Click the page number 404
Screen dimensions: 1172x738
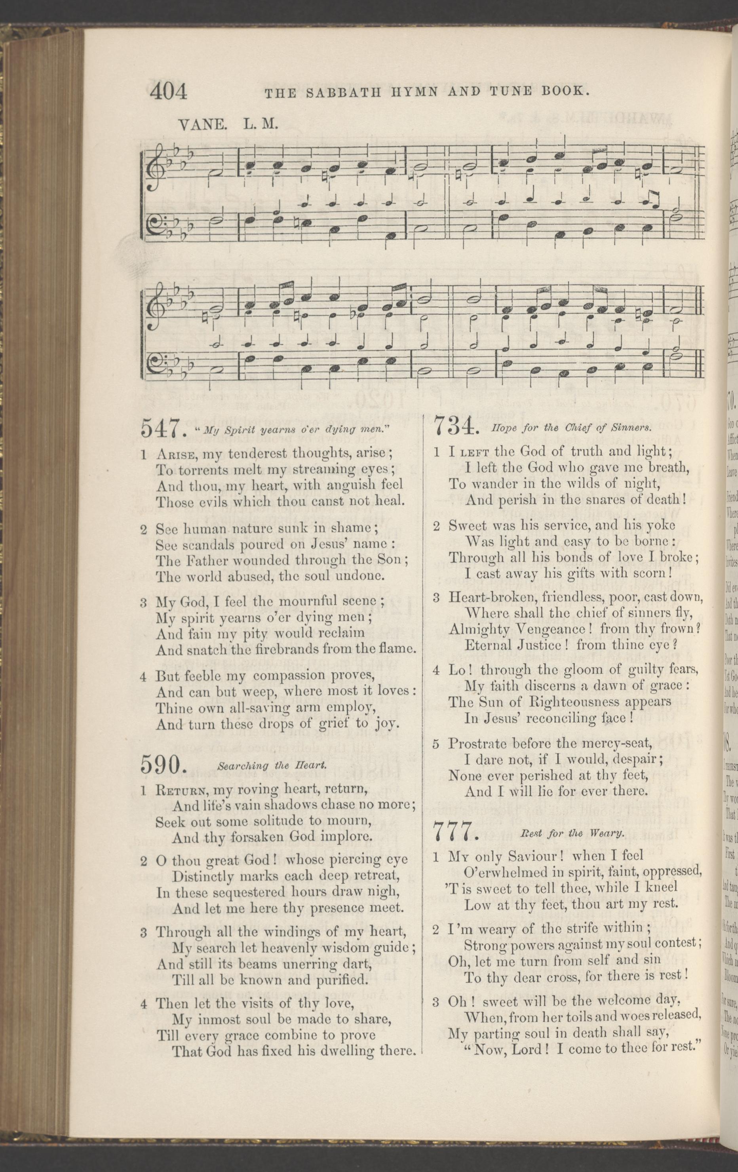click(169, 91)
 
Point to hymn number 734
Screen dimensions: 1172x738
click(454, 427)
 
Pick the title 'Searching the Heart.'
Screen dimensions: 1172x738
click(271, 766)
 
